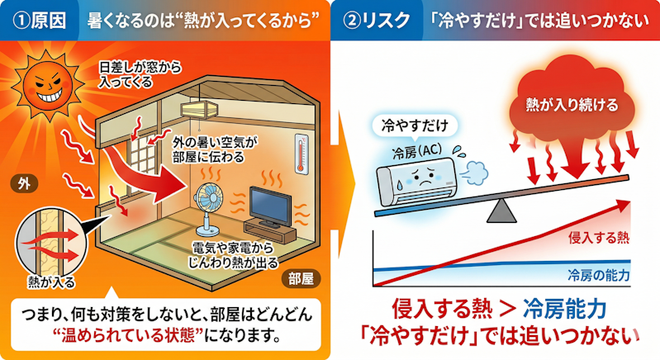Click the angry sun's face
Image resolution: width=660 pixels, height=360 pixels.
click(48, 86)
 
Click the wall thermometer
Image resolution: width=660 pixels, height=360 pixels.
click(301, 154)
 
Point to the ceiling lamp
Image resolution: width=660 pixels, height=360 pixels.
click(200, 110)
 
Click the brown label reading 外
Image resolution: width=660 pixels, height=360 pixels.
click(25, 184)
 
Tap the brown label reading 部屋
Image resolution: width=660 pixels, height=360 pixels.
click(301, 278)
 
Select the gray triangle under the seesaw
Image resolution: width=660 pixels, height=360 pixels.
click(501, 211)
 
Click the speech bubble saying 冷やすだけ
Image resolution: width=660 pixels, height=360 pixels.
click(415, 126)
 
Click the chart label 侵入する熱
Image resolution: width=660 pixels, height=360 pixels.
click(599, 238)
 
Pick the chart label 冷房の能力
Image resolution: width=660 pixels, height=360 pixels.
click(599, 276)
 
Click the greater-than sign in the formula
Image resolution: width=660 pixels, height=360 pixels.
click(508, 309)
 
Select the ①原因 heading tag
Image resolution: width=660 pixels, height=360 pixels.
click(39, 20)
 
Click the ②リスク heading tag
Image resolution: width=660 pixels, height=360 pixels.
click(377, 20)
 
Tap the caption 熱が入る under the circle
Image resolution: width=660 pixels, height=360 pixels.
click(51, 282)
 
